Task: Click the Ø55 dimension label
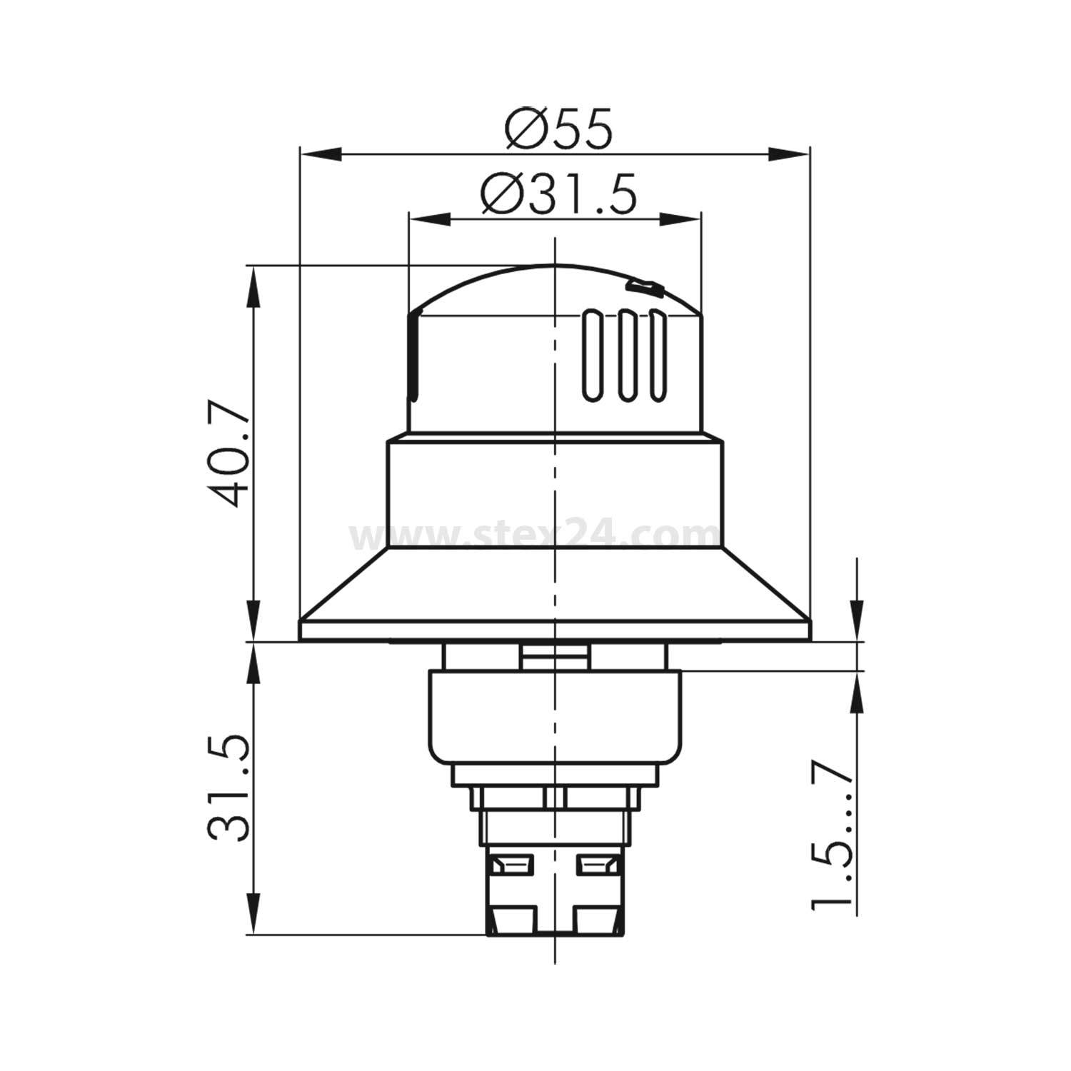pyautogui.click(x=558, y=129)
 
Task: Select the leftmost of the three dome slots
pyautogui.click(x=592, y=355)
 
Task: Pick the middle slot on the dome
pyautogui.click(x=626, y=355)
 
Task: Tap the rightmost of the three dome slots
pyautogui.click(x=657, y=355)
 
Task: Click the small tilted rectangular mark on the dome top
pyautogui.click(x=643, y=288)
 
